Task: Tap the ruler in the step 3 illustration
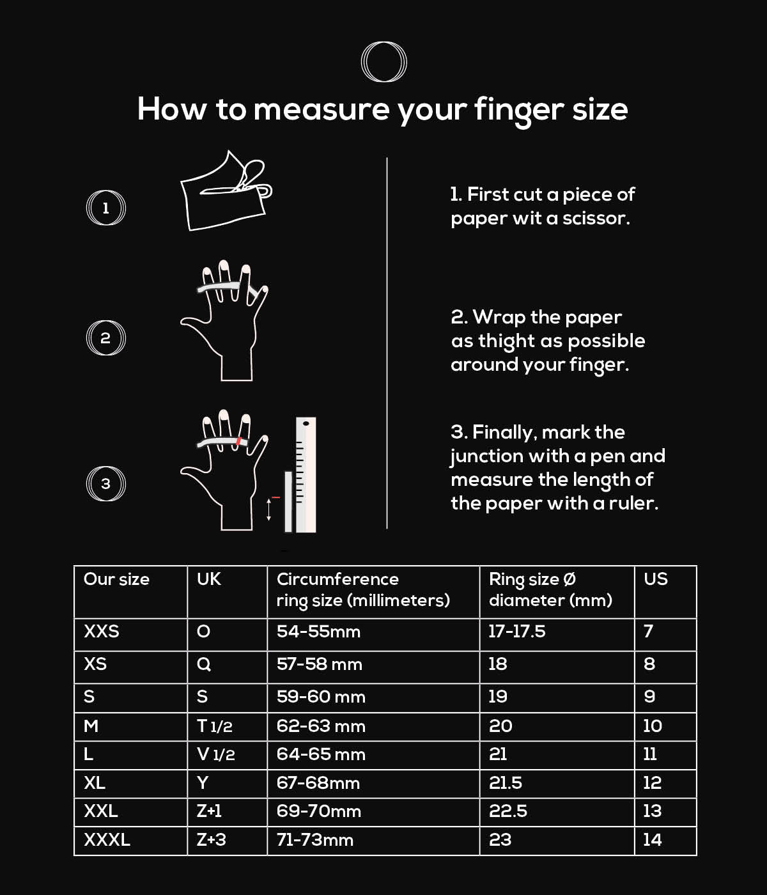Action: point(306,474)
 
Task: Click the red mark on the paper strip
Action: point(238,441)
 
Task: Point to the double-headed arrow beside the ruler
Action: point(269,510)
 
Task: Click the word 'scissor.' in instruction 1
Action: point(596,218)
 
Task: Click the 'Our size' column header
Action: point(116,579)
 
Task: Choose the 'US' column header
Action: point(656,579)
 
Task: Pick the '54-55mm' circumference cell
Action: point(318,632)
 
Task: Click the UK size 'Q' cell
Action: point(204,664)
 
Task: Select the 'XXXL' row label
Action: point(107,840)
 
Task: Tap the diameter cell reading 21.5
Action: point(506,783)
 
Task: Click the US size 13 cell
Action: point(653,811)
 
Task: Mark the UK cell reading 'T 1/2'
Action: point(215,726)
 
